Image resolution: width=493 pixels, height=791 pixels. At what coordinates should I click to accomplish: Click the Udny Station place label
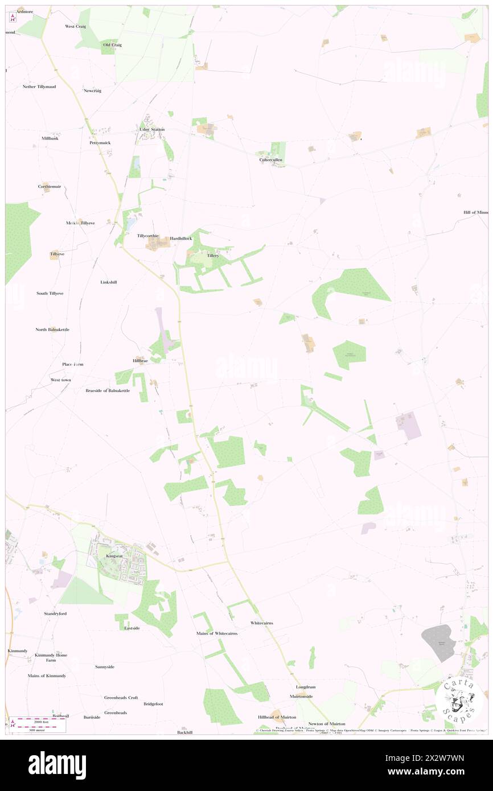click(x=152, y=129)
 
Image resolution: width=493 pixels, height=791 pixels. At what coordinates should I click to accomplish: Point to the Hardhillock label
click(x=181, y=238)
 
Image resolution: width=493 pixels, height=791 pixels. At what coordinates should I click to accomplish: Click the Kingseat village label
click(x=114, y=555)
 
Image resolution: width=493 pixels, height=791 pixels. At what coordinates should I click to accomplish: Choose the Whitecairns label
click(x=262, y=623)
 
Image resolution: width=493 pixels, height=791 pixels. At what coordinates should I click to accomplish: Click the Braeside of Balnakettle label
click(x=108, y=390)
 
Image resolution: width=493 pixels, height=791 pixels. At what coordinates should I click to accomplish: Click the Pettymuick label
click(x=100, y=142)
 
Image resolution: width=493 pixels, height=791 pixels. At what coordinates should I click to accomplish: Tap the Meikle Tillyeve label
click(x=80, y=223)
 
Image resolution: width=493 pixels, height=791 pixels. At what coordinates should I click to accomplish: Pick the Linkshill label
click(x=109, y=282)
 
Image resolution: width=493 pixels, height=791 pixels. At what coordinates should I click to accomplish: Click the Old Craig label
click(x=112, y=44)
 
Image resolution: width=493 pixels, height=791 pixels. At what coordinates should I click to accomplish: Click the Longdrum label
click(x=306, y=687)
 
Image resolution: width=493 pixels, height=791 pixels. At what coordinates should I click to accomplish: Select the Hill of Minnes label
click(x=476, y=212)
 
